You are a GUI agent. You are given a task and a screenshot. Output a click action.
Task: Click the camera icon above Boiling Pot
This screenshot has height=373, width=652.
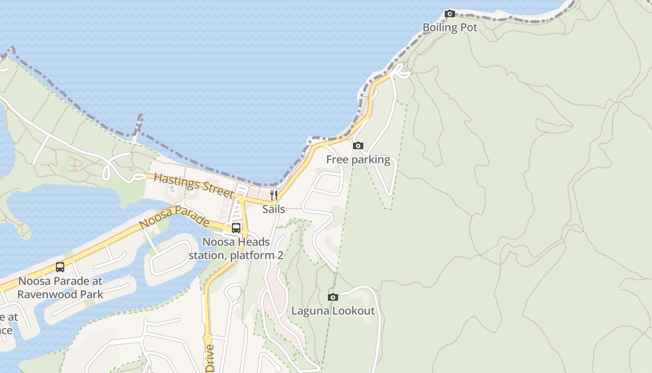click(449, 14)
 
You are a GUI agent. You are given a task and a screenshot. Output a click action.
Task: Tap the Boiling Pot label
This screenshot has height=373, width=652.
click(450, 28)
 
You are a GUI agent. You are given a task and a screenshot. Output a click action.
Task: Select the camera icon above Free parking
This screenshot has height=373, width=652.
click(358, 146)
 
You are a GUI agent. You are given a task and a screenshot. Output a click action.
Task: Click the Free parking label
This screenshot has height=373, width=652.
click(358, 159)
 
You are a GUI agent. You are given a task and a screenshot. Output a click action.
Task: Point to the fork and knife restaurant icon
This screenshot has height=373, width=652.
click(274, 195)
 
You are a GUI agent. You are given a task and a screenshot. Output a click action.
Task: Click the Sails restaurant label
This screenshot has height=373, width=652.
click(273, 209)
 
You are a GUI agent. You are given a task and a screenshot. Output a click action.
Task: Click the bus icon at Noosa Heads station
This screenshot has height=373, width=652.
click(236, 228)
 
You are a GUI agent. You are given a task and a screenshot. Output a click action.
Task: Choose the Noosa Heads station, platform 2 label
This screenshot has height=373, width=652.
click(236, 249)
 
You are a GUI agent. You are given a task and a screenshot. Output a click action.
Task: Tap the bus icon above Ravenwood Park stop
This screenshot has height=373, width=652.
click(60, 267)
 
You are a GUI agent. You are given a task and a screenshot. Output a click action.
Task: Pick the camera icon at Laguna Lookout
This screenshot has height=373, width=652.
click(333, 297)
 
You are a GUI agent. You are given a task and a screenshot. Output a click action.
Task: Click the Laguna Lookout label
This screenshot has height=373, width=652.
click(333, 311)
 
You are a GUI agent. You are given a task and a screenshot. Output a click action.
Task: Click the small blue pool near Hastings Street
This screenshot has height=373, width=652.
click(171, 189)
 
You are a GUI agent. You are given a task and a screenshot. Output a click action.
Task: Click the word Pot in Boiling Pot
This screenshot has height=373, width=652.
click(469, 28)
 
